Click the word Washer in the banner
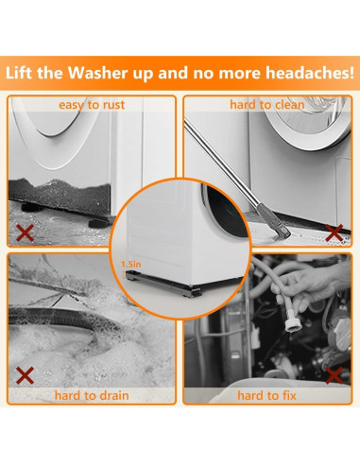[98, 73]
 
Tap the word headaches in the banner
[309, 73]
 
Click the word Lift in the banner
[19, 73]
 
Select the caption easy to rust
[92, 105]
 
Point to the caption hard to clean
[267, 105]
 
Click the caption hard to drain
[92, 395]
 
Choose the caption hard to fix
[266, 395]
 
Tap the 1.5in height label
[131, 265]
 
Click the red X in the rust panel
[25, 233]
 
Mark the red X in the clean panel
[334, 233]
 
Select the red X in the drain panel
[25, 375]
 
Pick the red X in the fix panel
[334, 375]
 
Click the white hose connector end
[294, 324]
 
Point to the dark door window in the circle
[225, 212]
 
